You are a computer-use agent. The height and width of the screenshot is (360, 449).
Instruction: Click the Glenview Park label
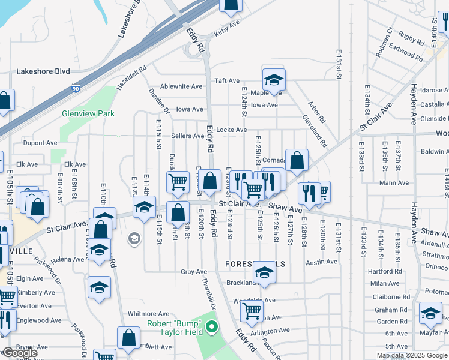(88, 113)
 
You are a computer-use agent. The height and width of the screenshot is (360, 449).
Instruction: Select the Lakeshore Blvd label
(43, 71)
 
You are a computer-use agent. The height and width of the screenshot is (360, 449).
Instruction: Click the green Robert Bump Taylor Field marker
(211, 328)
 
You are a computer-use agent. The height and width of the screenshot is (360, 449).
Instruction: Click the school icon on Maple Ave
(274, 80)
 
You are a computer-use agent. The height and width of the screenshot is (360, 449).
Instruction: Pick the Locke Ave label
(231, 130)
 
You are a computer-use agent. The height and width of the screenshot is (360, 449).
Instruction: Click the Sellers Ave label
(187, 136)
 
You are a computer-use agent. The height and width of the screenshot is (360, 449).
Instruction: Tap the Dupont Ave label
(40, 143)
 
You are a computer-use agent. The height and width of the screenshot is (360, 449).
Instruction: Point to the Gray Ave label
(194, 272)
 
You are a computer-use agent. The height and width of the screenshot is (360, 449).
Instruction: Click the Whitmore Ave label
(148, 314)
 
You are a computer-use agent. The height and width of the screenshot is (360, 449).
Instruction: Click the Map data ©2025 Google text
(411, 355)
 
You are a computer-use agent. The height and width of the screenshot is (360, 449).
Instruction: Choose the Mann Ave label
(394, 182)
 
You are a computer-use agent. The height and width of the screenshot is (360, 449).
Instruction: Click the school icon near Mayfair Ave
(430, 313)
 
